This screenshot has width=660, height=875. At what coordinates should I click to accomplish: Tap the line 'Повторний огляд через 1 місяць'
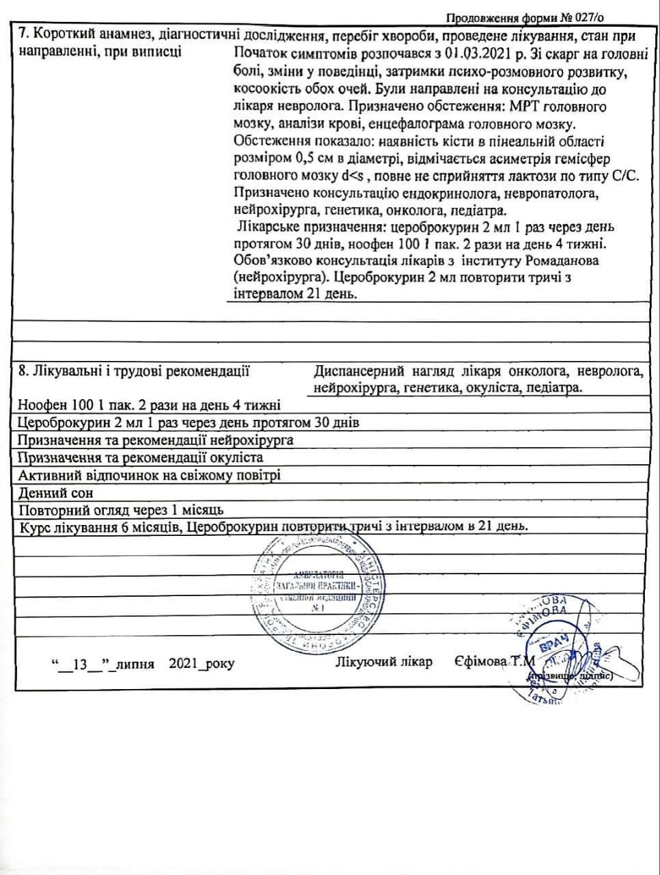(121, 511)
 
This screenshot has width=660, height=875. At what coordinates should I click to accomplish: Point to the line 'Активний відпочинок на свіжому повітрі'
(149, 475)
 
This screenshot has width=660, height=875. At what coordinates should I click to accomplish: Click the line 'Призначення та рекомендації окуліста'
(140, 457)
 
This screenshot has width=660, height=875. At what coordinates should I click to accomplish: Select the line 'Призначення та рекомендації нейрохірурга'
(156, 440)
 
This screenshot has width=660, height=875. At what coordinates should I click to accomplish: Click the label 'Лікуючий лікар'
(384, 662)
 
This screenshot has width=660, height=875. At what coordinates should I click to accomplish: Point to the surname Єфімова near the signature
(480, 662)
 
